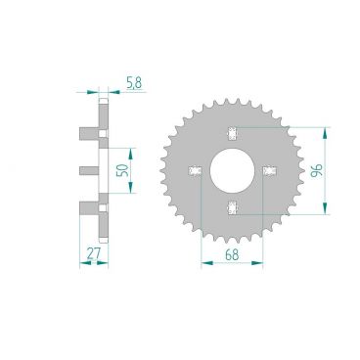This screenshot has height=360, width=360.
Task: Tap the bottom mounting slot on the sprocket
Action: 233,204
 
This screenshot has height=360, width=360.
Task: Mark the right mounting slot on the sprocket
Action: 269,170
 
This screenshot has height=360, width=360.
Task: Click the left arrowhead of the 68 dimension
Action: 202,261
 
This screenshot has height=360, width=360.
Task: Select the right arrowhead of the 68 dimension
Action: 264,261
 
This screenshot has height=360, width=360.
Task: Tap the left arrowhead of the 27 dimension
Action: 81,261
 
